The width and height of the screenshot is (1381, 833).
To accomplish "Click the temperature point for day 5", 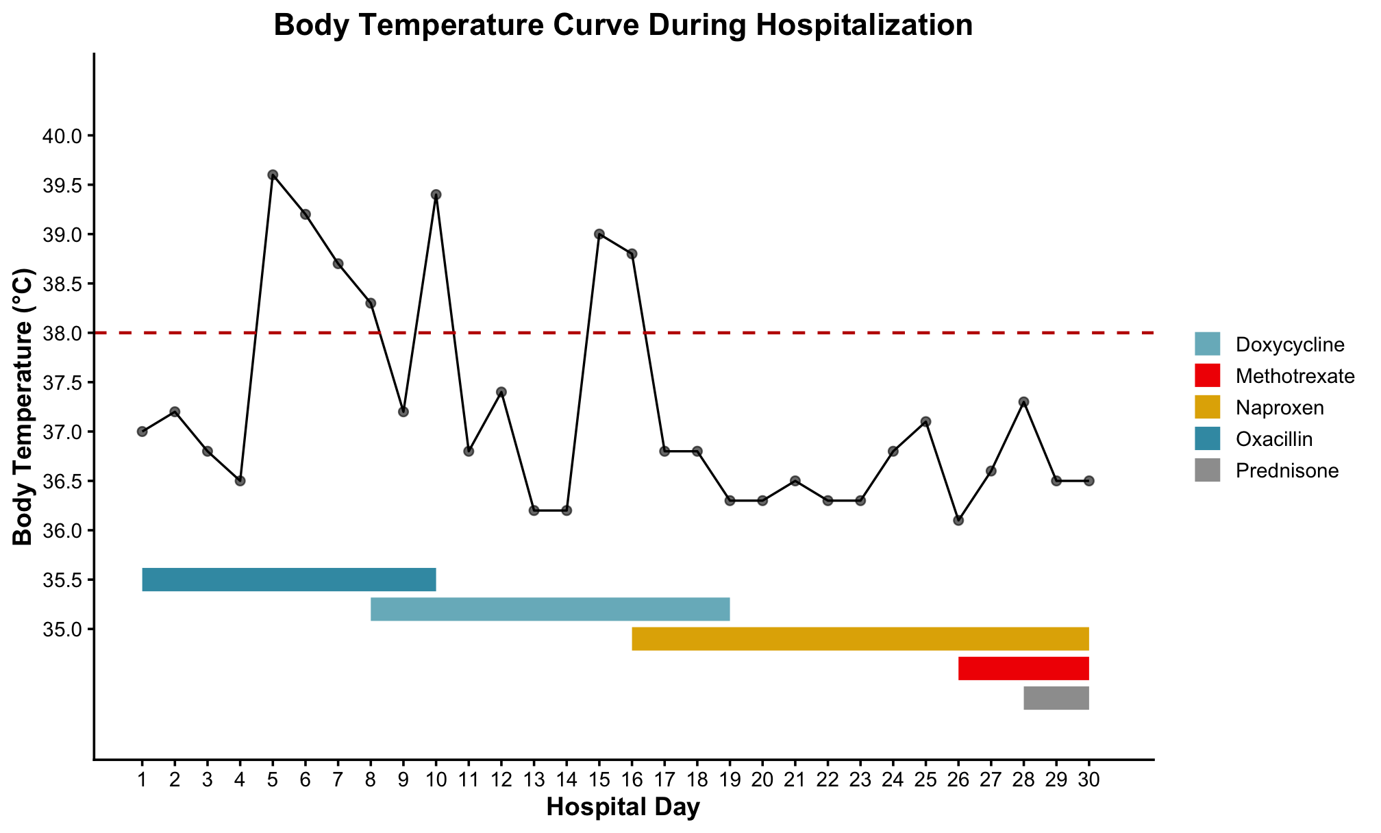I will pyautogui.click(x=273, y=175).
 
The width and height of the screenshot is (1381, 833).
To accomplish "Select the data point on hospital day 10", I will pyautogui.click(x=436, y=195).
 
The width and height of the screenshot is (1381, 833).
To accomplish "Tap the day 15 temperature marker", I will pyautogui.click(x=599, y=234).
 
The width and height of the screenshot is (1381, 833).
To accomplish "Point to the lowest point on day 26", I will pyautogui.click(x=958, y=521).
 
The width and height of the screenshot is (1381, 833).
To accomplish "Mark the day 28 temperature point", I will pyautogui.click(x=1023, y=401).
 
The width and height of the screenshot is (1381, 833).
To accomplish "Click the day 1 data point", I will pyautogui.click(x=142, y=432).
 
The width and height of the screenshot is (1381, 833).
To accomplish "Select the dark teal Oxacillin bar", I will pyautogui.click(x=288, y=580).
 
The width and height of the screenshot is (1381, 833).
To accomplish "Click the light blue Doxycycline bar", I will pyautogui.click(x=550, y=609).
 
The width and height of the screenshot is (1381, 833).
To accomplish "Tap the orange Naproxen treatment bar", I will pyautogui.click(x=860, y=638).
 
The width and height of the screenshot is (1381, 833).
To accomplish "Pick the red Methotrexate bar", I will pyautogui.click(x=1023, y=669).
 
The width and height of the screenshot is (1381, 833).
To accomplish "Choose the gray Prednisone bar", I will pyautogui.click(x=1056, y=698).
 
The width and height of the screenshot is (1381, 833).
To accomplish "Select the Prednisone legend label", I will pyautogui.click(x=1286, y=471).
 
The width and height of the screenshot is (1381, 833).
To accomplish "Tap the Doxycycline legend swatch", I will pyautogui.click(x=1207, y=344).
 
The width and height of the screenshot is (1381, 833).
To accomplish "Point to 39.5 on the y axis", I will pyautogui.click(x=62, y=186).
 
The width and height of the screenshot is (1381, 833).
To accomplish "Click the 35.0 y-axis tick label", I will pyautogui.click(x=62, y=630).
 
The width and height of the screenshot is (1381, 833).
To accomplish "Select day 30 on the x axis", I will pyautogui.click(x=1088, y=780).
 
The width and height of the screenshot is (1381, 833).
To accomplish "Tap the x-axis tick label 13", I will pyautogui.click(x=534, y=780).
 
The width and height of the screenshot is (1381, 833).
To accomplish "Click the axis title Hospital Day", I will pyautogui.click(x=623, y=808).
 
